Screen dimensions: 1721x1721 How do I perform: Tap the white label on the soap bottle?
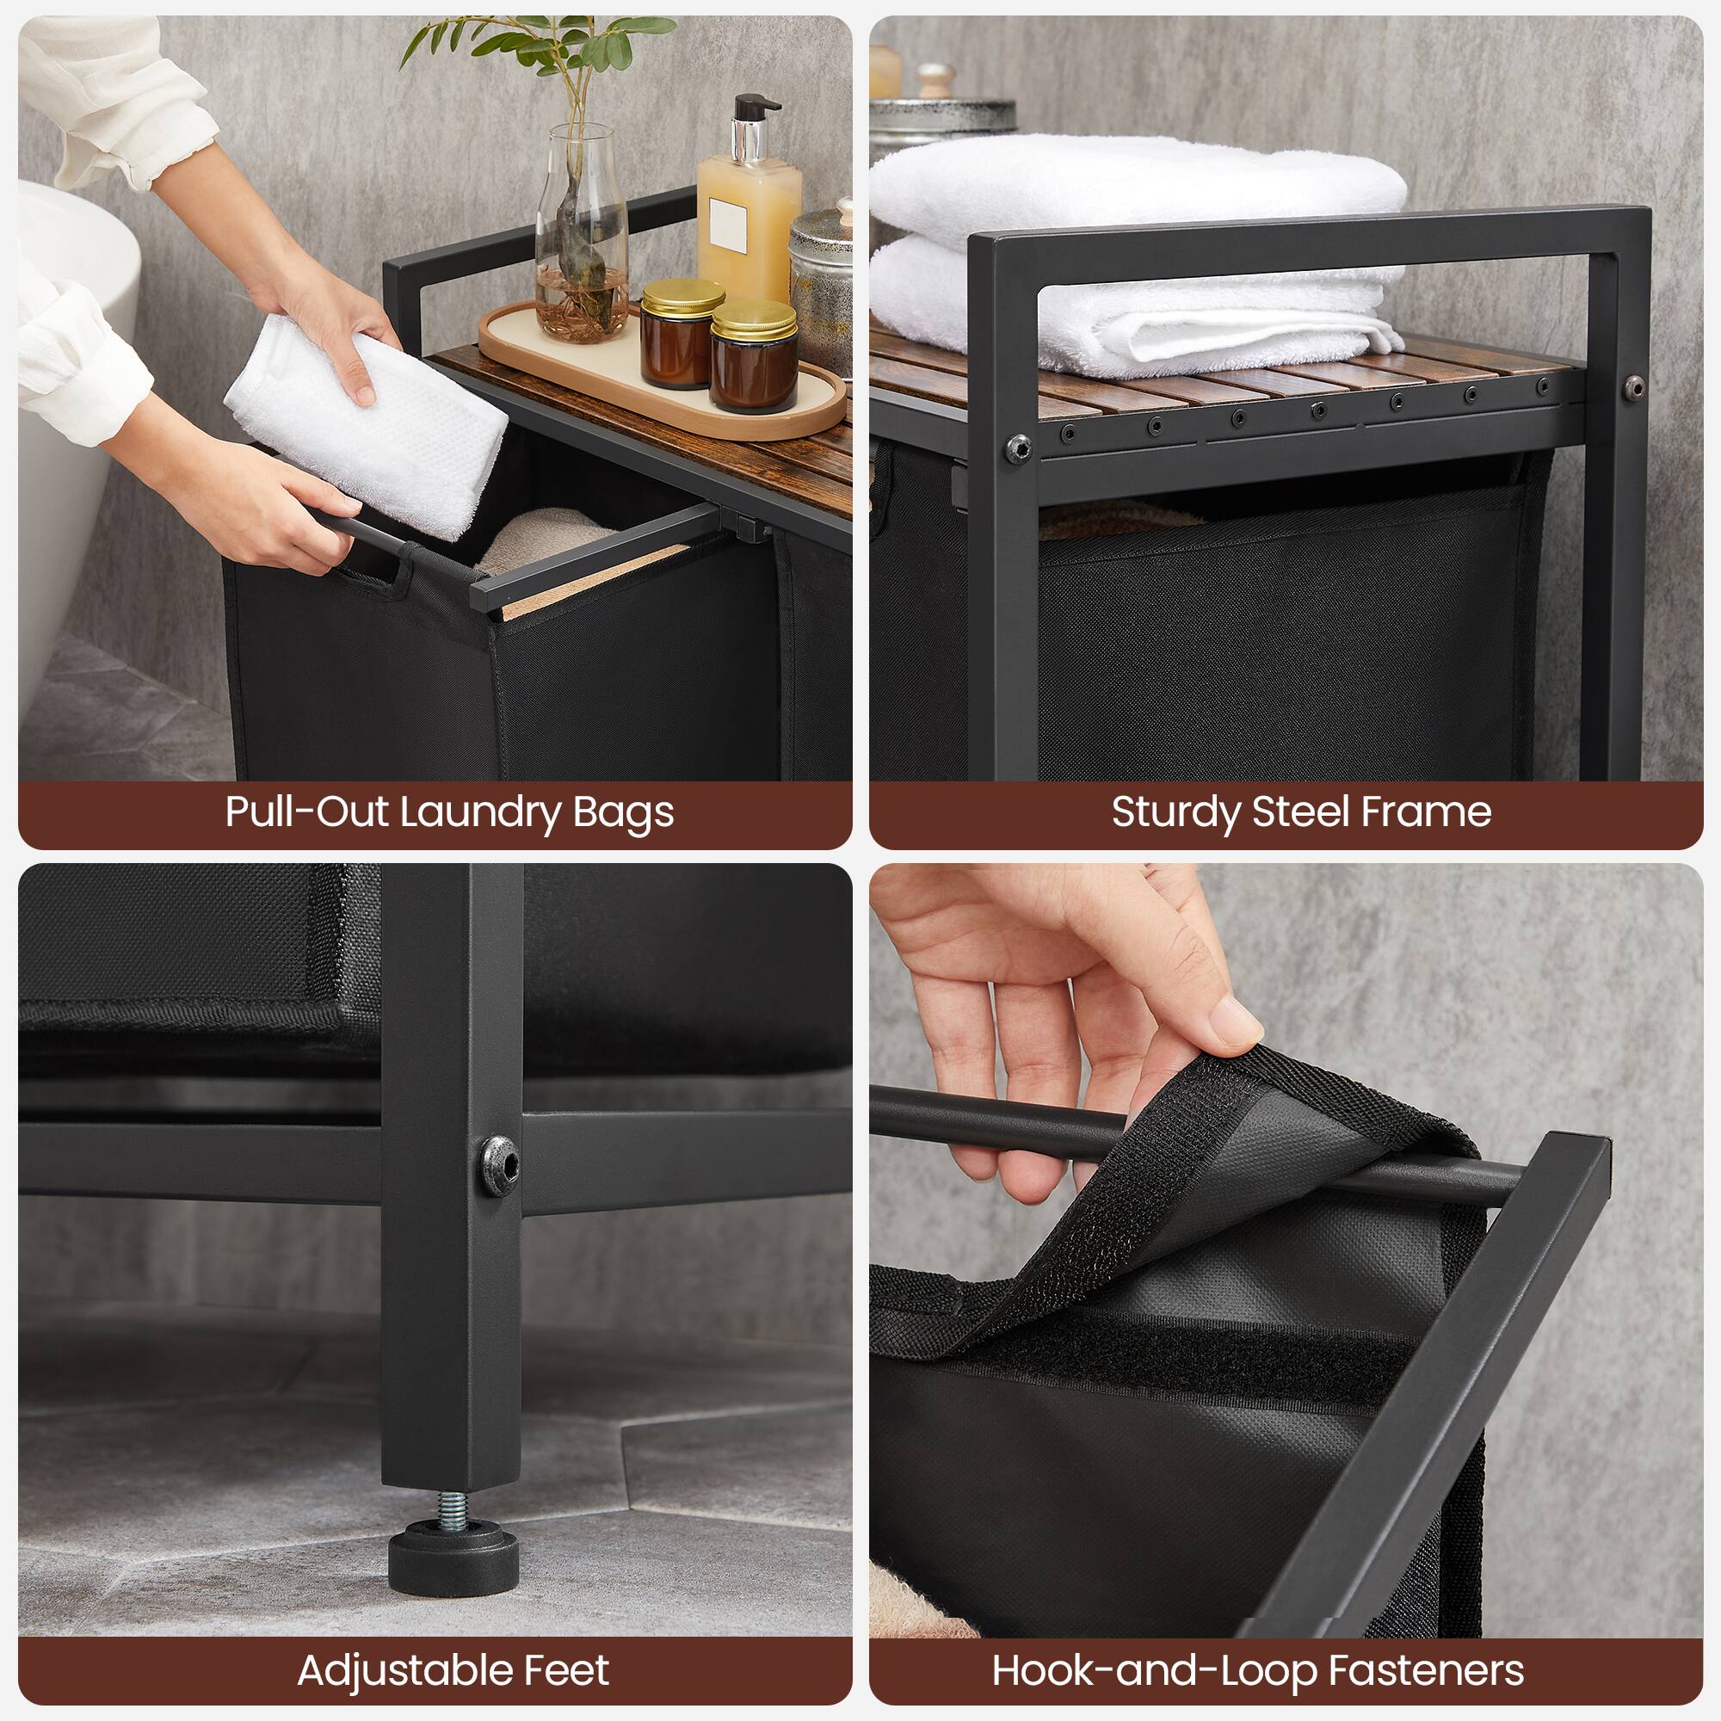coord(727,225)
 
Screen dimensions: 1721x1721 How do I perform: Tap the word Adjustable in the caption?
coord(391,1670)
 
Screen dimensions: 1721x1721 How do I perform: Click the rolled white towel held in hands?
coord(365,428)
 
